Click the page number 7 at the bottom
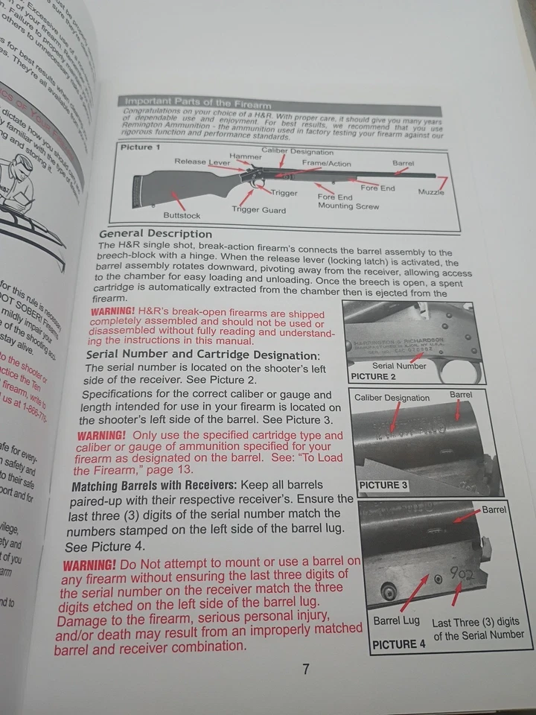[305, 668]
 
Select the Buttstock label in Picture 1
[182, 215]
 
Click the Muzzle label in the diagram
[431, 192]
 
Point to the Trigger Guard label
[258, 209]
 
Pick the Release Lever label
[202, 162]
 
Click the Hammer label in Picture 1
[245, 156]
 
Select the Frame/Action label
[327, 162]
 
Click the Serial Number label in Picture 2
[399, 366]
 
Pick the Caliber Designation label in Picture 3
[392, 398]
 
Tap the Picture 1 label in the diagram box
[141, 147]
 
